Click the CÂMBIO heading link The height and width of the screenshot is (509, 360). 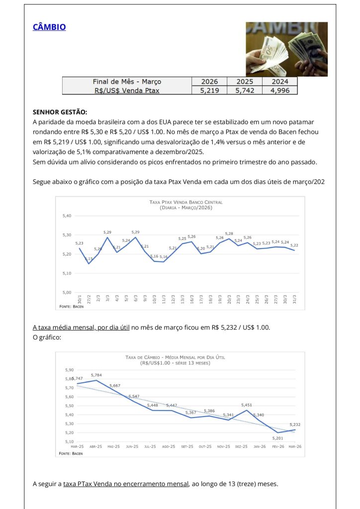pos(49,27)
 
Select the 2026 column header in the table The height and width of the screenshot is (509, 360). pos(209,82)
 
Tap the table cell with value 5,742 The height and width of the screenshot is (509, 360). pos(244,90)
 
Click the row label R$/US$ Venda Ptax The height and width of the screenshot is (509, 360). pos(127,90)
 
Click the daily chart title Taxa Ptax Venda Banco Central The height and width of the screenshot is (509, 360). pos(186,202)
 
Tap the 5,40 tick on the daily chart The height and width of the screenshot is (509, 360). pos(67,216)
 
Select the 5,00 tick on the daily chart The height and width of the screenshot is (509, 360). pos(67,292)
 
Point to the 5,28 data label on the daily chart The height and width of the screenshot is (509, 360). pos(229,233)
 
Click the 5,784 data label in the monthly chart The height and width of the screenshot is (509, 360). pos(96,375)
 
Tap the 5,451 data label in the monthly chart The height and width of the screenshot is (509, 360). pos(247,405)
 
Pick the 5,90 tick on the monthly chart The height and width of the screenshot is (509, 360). pos(69,370)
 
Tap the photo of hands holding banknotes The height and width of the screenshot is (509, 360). pos(286,49)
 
